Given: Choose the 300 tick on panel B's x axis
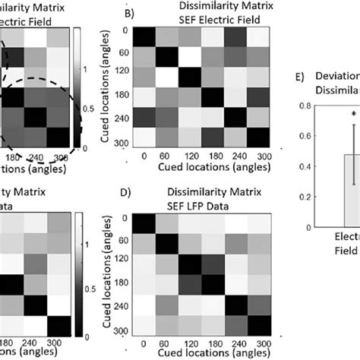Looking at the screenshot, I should click(261, 156).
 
